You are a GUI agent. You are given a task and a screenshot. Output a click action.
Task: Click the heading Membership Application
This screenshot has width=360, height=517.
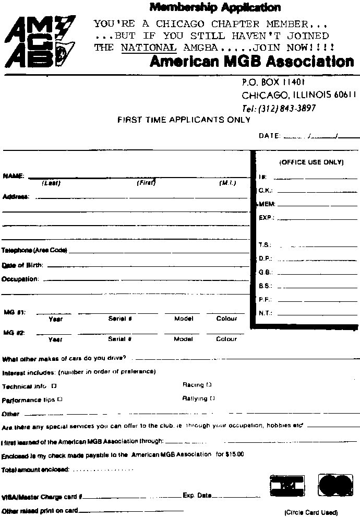pos(214,7)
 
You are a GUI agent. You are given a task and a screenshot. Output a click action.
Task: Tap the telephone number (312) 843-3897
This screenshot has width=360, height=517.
pos(279,108)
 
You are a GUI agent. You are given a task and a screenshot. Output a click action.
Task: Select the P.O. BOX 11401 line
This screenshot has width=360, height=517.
pos(273,82)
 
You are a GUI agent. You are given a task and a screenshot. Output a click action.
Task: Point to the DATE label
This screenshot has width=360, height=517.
pos(269,136)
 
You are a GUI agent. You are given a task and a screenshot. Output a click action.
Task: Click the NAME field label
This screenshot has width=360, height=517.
pos(13,176)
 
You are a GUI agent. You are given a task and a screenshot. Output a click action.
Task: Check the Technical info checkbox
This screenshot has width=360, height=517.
pos(54,386)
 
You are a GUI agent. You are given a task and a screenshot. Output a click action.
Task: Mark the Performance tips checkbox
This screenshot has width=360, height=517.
pos(60,399)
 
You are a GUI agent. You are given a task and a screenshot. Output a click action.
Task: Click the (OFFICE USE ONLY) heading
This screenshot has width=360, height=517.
pos(311,162)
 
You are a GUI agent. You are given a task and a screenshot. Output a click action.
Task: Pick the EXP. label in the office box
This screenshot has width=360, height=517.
pos(266,217)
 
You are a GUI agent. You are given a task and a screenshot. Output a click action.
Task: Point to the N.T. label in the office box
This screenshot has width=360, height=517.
pos(265,314)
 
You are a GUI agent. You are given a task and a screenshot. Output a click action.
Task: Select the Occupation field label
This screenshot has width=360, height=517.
pos(20,279)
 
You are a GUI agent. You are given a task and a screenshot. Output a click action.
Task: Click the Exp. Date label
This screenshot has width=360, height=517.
pos(197,496)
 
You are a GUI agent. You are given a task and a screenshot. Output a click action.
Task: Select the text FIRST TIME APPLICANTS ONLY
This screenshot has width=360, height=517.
pos(184,120)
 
